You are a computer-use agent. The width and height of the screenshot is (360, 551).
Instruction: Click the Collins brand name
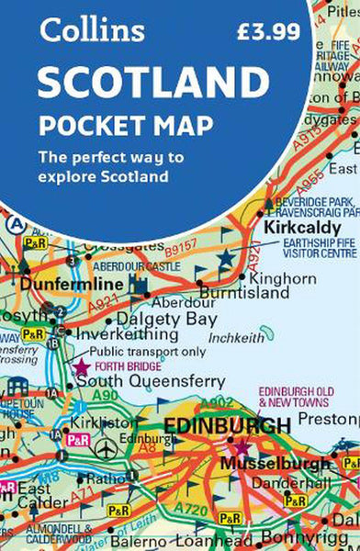point(92,29)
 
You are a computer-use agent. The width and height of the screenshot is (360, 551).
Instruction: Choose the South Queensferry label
point(149,379)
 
